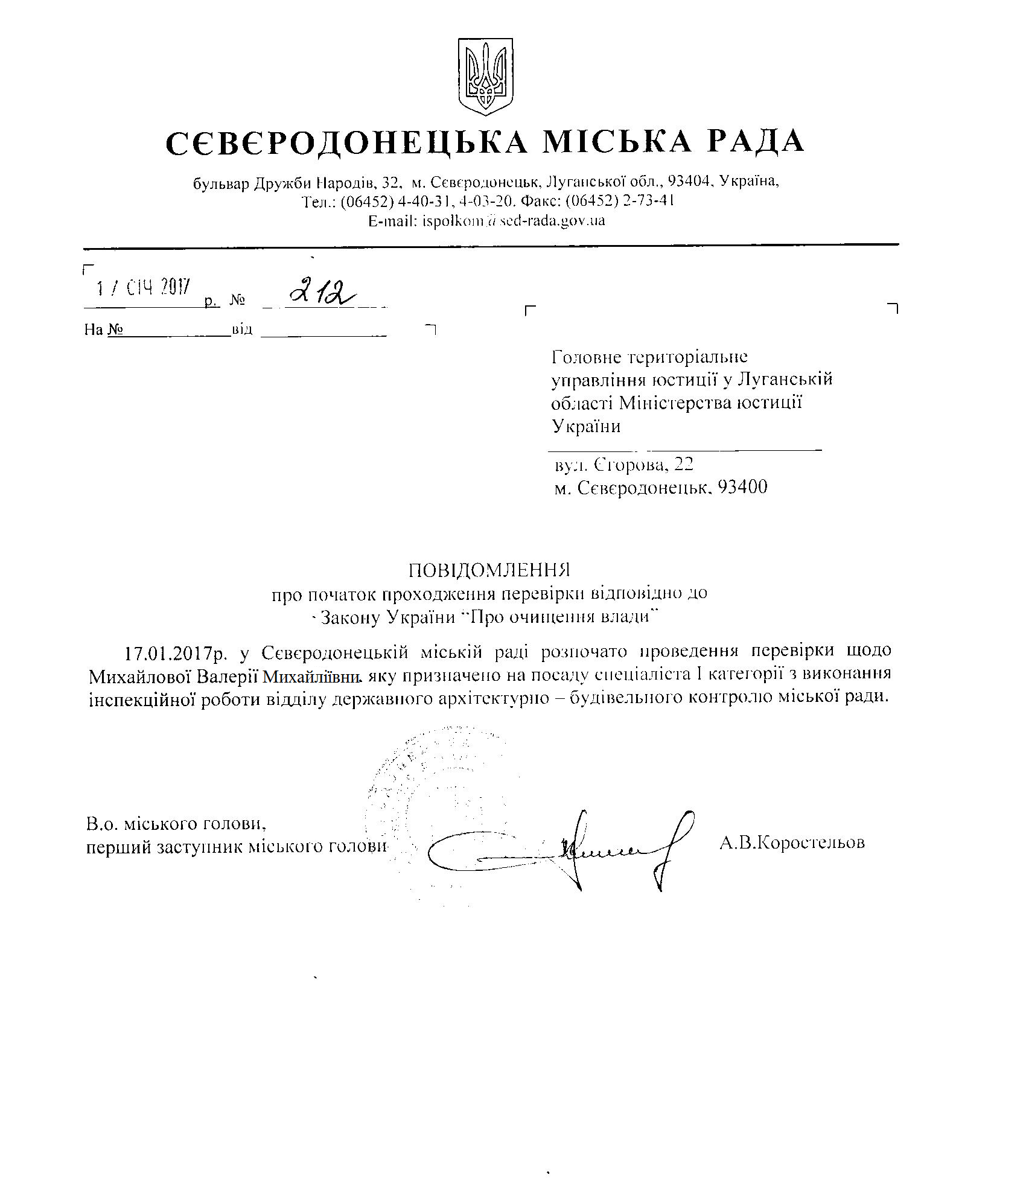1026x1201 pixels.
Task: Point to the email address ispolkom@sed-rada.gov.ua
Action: tap(486, 221)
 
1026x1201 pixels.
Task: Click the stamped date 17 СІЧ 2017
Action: tap(144, 287)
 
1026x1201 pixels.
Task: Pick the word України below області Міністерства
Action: tap(586, 427)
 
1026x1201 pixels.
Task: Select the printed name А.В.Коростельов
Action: tap(792, 842)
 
